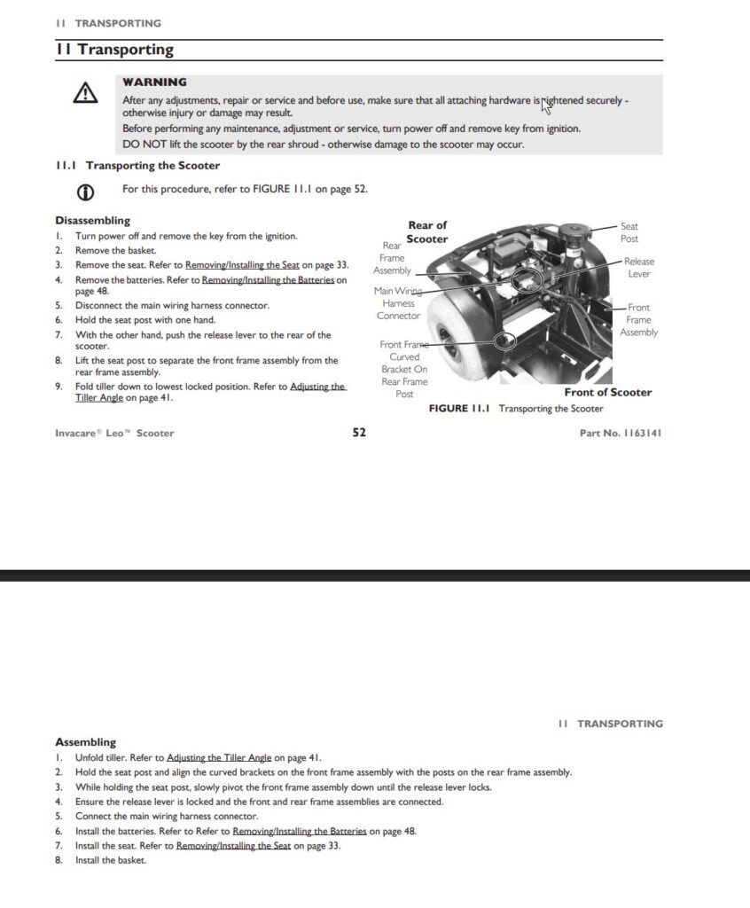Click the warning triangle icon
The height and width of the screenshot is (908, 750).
click(85, 93)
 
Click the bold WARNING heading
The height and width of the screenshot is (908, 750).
click(154, 82)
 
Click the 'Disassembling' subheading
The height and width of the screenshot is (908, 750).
click(92, 221)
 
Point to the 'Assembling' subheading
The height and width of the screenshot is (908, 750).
click(85, 742)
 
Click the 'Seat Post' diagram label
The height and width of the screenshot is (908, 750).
click(629, 232)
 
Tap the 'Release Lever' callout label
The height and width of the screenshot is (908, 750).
click(638, 268)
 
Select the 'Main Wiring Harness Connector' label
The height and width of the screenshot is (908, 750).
click(398, 303)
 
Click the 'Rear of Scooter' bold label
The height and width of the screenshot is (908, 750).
click(427, 231)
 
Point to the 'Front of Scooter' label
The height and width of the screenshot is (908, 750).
click(607, 392)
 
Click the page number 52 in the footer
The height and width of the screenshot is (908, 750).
click(359, 433)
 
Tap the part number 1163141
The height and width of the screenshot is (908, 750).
click(621, 433)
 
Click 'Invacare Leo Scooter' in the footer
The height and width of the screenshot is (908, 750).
click(114, 433)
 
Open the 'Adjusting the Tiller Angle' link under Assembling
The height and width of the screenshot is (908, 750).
click(219, 758)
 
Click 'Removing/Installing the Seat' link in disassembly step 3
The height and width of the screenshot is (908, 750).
click(242, 264)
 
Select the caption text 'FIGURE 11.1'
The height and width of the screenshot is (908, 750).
click(460, 409)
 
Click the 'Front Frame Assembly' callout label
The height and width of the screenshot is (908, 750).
click(638, 320)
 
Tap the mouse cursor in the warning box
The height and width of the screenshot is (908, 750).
click(546, 106)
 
